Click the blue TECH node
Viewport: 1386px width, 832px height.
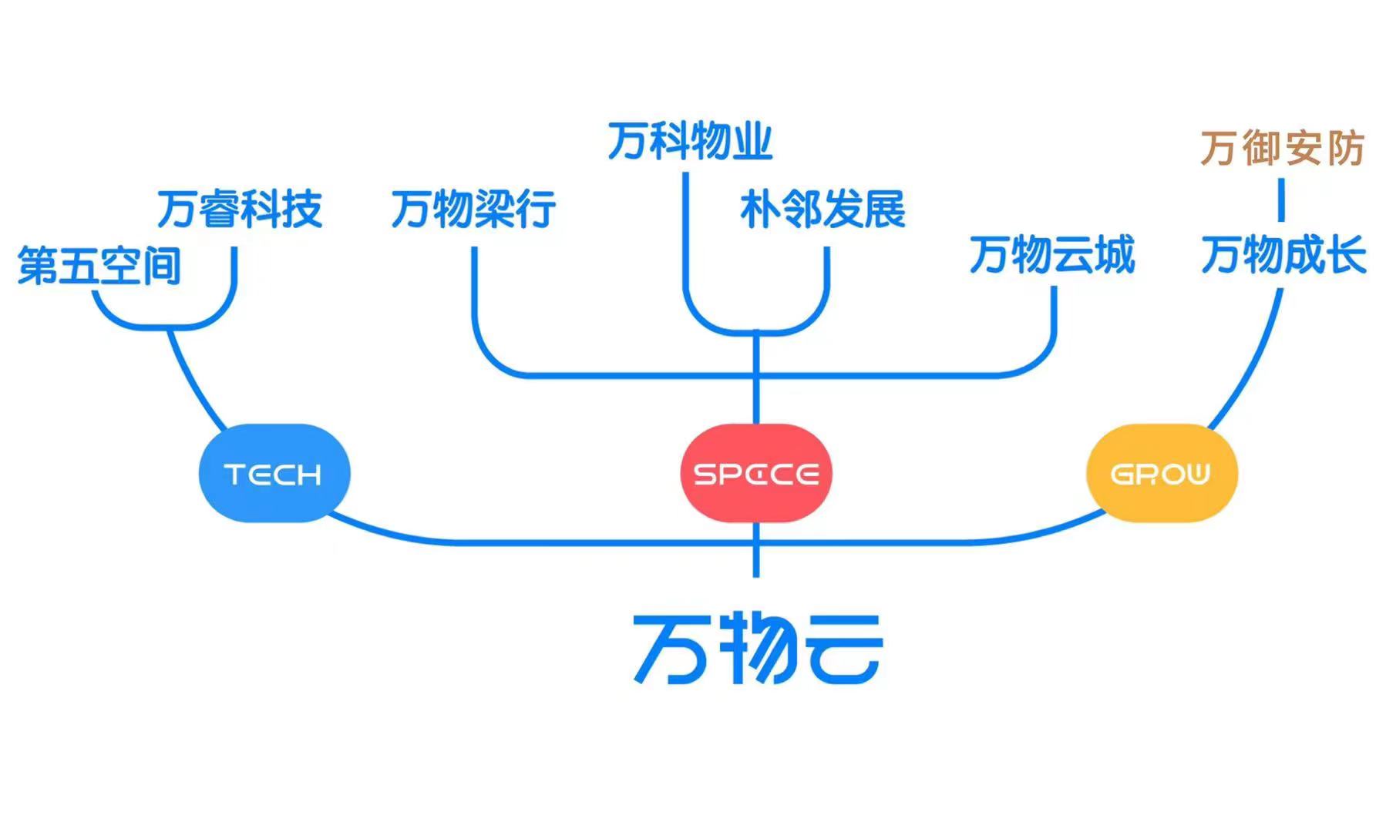point(274,473)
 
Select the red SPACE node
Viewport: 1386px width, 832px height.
point(755,473)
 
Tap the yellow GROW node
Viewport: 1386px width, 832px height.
point(1161,473)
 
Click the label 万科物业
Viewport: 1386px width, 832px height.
point(690,141)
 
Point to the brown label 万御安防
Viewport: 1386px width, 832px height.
point(1282,149)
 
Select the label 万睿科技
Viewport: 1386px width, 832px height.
point(240,210)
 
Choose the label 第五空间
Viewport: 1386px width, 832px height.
point(99,267)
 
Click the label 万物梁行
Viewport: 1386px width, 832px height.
point(473,210)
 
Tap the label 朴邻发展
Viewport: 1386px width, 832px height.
point(823,210)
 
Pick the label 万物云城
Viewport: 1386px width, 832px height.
point(1052,255)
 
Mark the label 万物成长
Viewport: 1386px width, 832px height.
point(1283,255)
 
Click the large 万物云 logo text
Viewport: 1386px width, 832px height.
point(757,649)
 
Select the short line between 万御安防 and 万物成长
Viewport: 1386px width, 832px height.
point(1281,200)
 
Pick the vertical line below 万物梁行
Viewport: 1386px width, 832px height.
point(474,293)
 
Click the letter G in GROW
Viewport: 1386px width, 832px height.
point(1122,474)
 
